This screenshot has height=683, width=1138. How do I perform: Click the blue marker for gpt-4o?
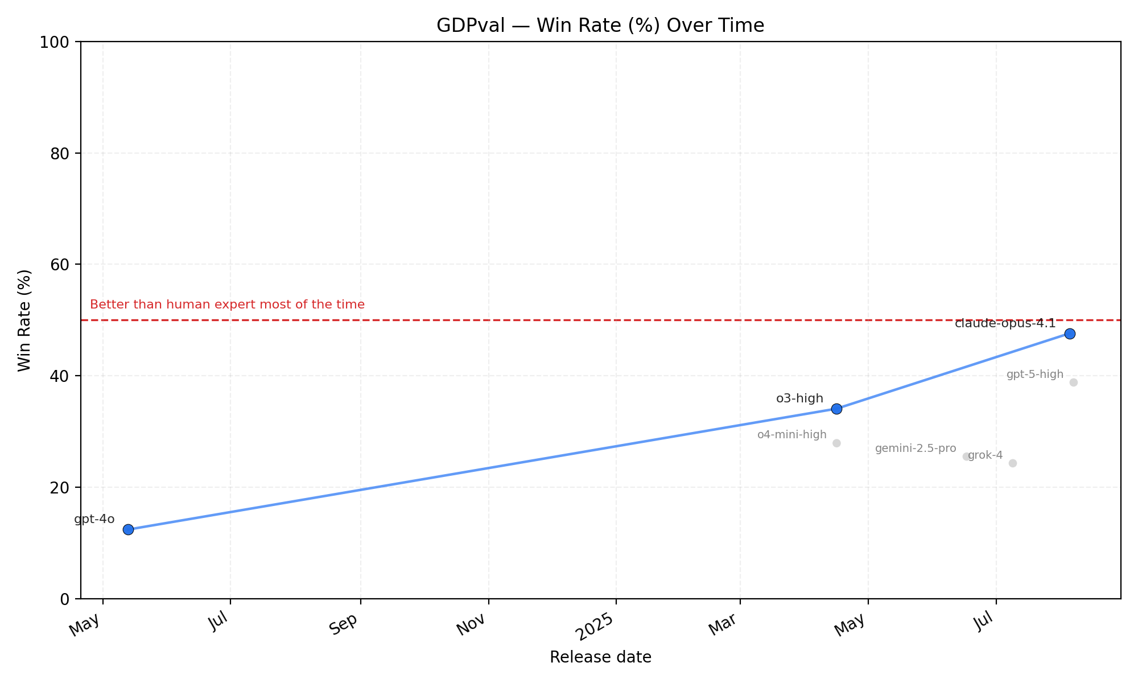[x=128, y=529]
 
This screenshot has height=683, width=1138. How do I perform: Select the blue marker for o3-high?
[x=836, y=409]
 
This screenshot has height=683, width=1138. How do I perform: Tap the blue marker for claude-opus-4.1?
[x=1070, y=334]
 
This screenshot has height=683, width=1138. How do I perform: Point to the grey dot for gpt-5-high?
[x=1074, y=382]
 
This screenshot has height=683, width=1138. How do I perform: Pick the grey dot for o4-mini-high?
[x=836, y=443]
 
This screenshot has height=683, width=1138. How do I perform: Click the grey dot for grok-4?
[x=1013, y=463]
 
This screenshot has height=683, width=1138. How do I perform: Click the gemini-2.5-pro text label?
[x=916, y=449]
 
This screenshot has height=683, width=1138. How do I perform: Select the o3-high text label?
[x=799, y=398]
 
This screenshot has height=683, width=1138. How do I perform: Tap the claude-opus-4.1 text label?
[x=1005, y=324]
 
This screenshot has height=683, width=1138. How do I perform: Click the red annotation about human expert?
[x=227, y=305]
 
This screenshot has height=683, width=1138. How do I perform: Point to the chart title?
[x=600, y=26]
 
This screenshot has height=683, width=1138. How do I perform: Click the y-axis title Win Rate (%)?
[x=24, y=320]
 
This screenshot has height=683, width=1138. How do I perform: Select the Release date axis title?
[x=600, y=657]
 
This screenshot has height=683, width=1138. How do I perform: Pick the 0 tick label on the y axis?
[x=64, y=599]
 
